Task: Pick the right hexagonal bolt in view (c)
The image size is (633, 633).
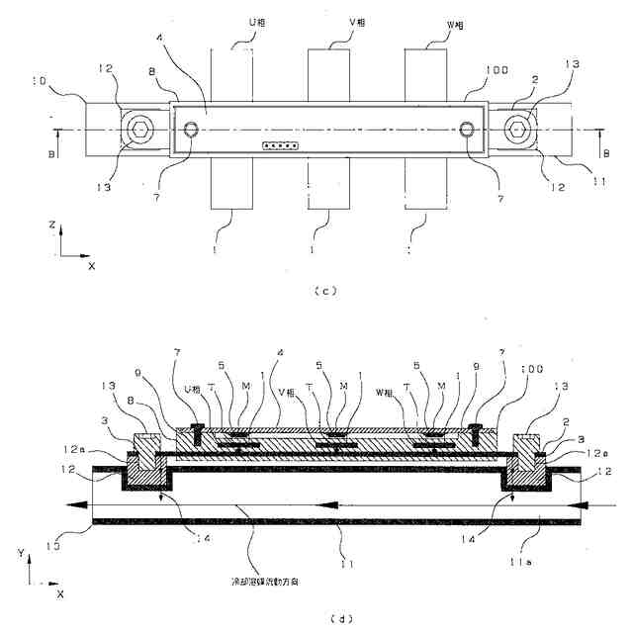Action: pyautogui.click(x=517, y=128)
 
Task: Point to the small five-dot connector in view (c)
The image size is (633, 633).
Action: pyautogui.click(x=281, y=146)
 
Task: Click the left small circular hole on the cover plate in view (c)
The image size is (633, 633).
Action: pyautogui.click(x=192, y=128)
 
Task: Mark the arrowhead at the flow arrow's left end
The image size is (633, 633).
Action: pyautogui.click(x=67, y=504)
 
